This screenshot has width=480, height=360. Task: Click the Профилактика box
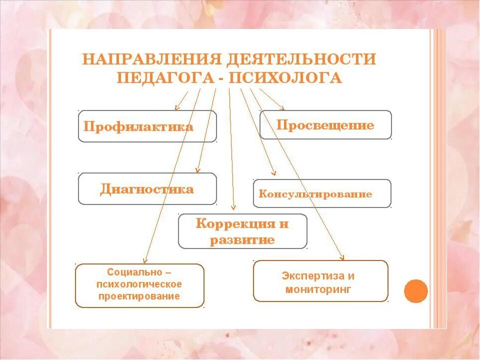pyautogui.click(x=147, y=126)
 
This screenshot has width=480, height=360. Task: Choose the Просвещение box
pyautogui.click(x=325, y=125)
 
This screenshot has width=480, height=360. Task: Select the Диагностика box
pyautogui.click(x=147, y=189)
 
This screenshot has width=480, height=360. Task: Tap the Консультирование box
pyautogui.click(x=322, y=193)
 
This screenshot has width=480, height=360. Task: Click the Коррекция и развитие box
pyautogui.click(x=242, y=231)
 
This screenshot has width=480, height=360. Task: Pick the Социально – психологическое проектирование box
pyautogui.click(x=139, y=285)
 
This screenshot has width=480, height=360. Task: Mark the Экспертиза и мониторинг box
pyautogui.click(x=320, y=281)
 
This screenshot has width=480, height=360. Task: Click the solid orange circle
pyautogui.click(x=415, y=291)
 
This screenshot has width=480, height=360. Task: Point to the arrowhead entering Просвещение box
pyautogui.click(x=282, y=108)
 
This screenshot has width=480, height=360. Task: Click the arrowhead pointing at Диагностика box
pyautogui.click(x=198, y=170)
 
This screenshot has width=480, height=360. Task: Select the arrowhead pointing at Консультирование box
pyautogui.click(x=273, y=173)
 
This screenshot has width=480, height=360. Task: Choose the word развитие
pyautogui.click(x=242, y=240)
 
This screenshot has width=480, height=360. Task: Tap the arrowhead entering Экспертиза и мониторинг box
pyautogui.click(x=342, y=257)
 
